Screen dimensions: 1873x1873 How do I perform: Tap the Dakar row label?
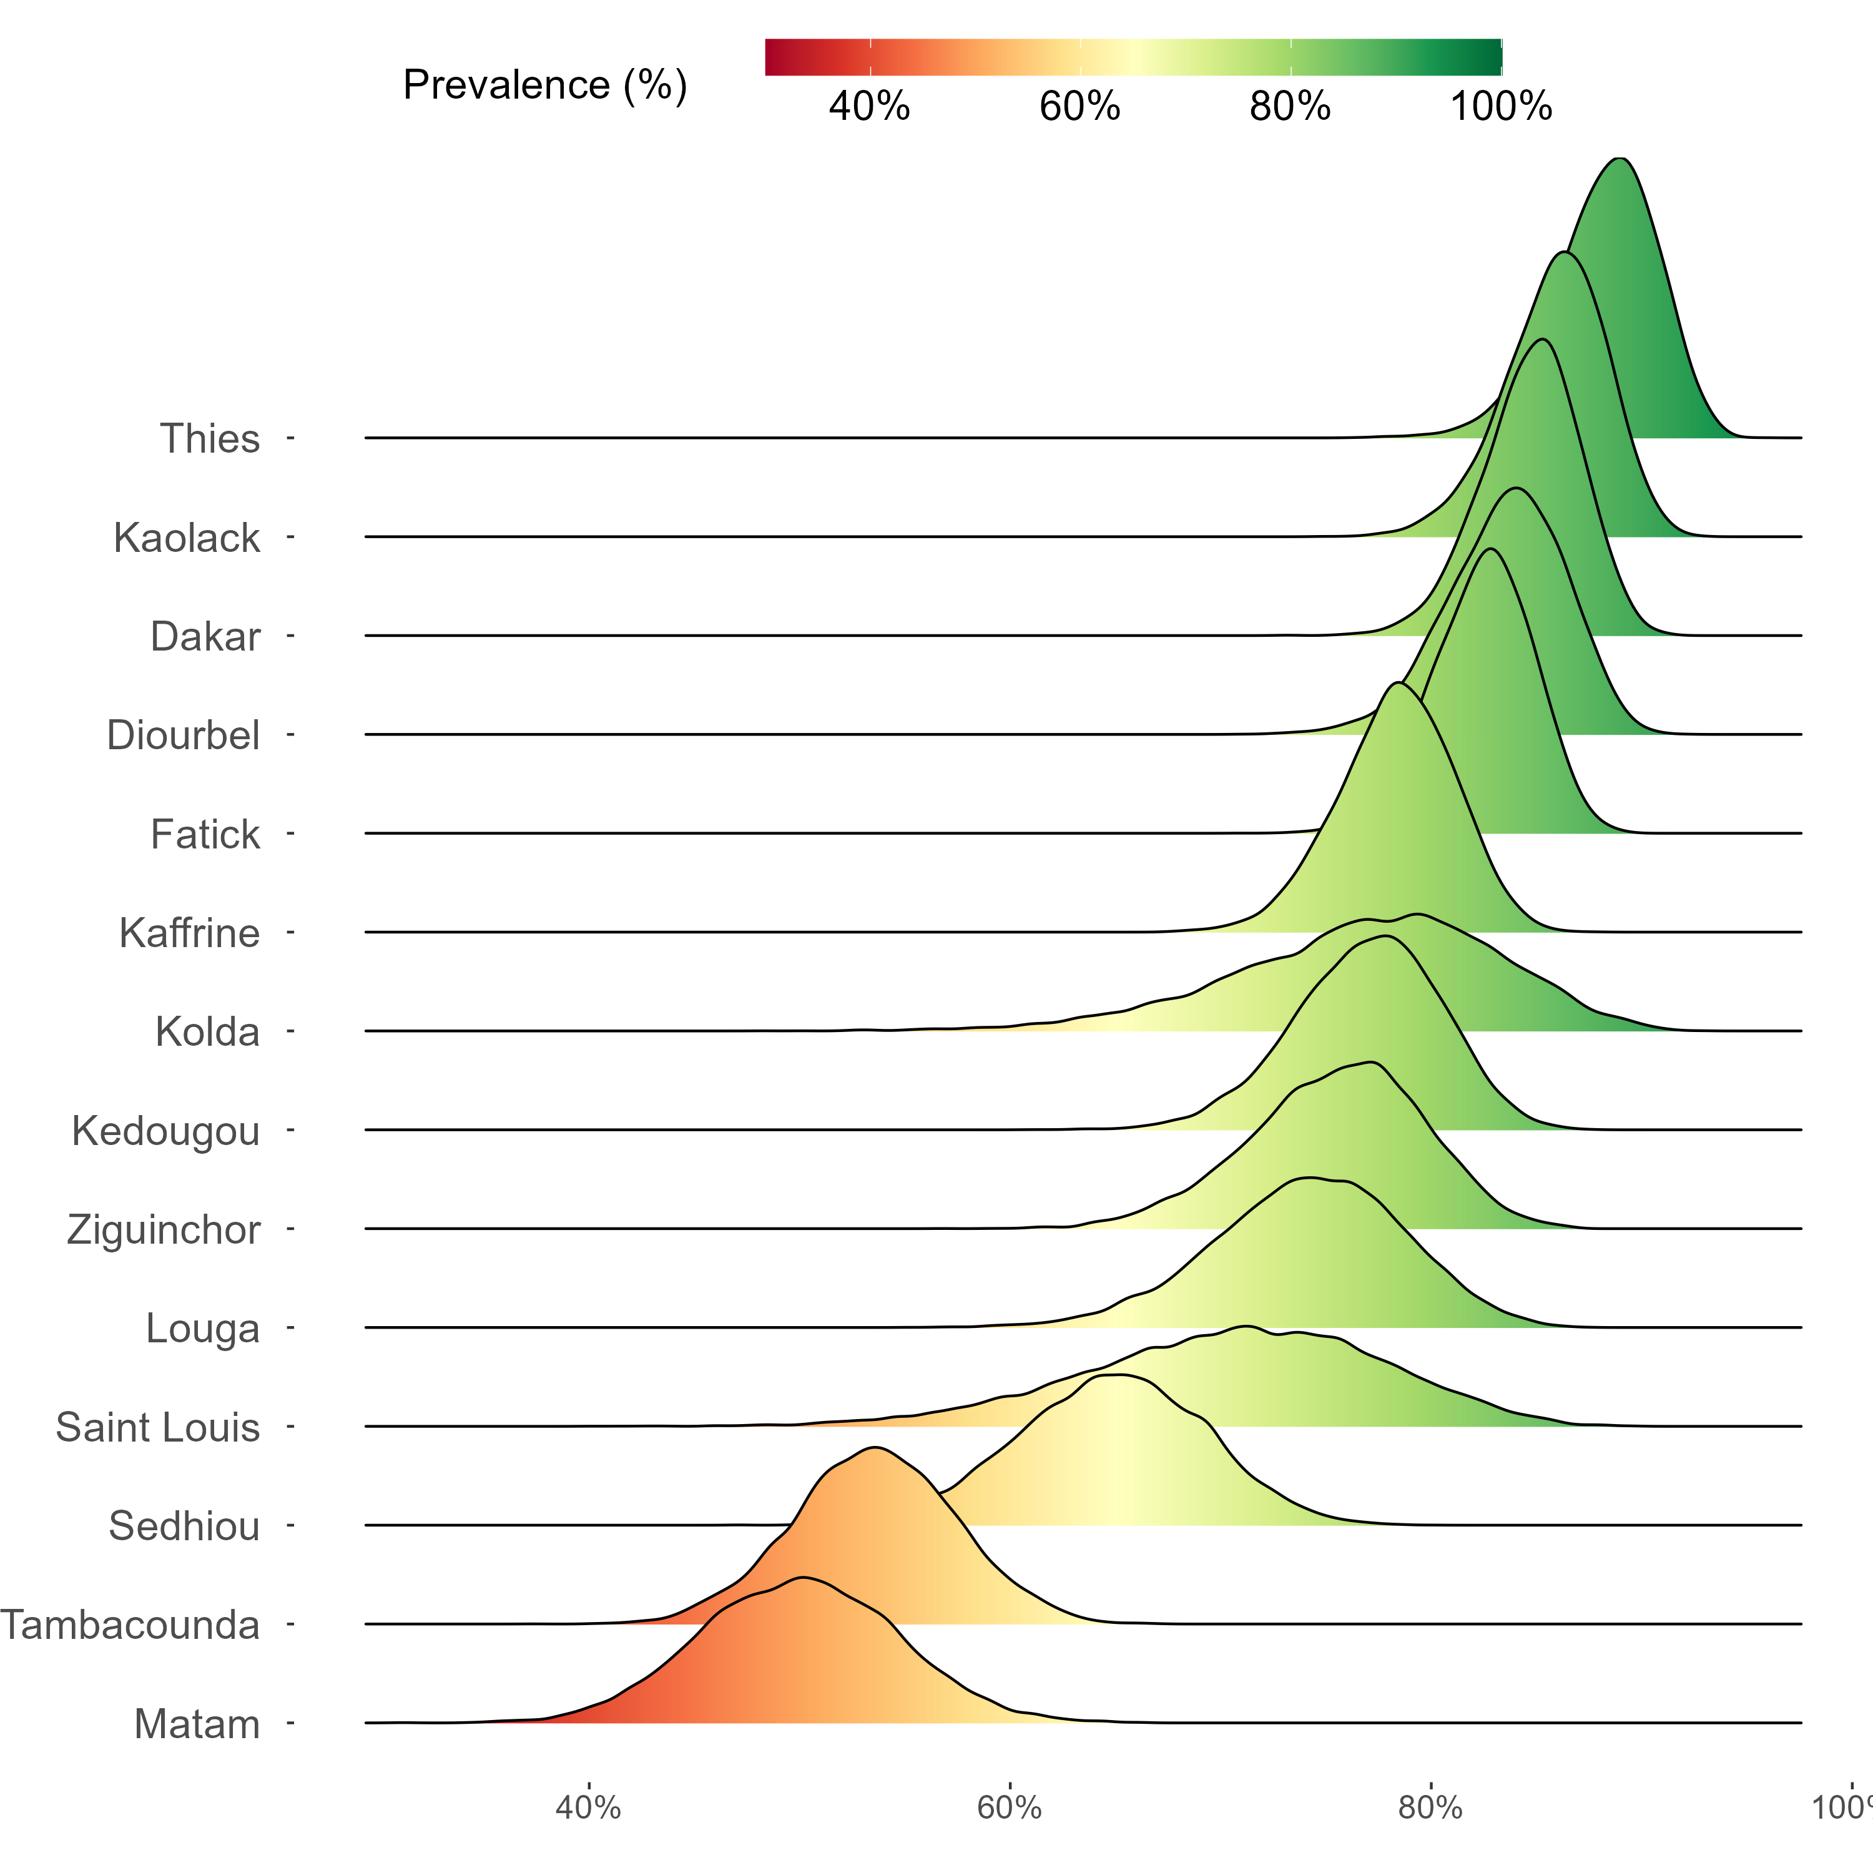coord(205,637)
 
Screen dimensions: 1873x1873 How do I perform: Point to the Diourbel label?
coord(183,736)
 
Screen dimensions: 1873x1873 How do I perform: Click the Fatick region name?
coord(205,835)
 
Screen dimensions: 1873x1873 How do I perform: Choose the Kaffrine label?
coord(189,933)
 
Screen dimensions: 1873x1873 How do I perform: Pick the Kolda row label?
coord(207,1033)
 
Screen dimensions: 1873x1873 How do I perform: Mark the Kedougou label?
coord(166,1131)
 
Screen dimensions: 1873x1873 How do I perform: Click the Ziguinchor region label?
coord(163,1230)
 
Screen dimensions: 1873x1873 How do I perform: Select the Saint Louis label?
coord(157,1428)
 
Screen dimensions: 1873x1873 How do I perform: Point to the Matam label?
coord(197,1724)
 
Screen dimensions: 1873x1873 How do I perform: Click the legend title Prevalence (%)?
coord(545,86)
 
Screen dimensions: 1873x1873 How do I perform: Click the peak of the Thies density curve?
coord(1618,158)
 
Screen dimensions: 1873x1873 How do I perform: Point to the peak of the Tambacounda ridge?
coord(875,1447)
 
